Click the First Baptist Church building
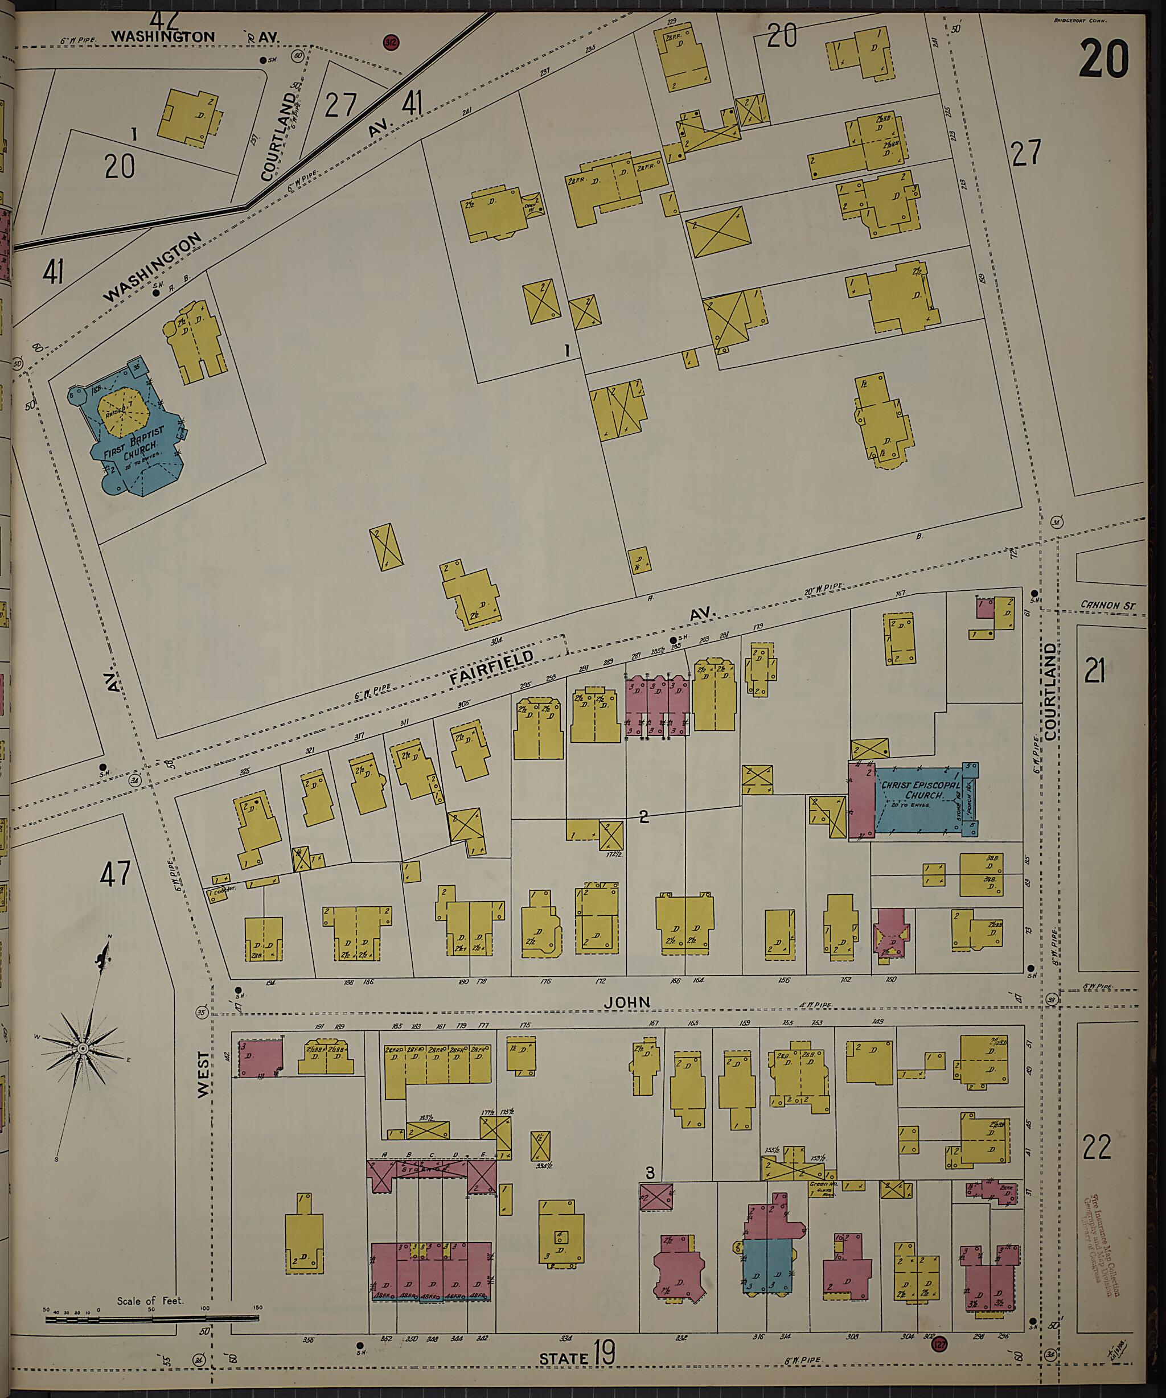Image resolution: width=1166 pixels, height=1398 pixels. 133,433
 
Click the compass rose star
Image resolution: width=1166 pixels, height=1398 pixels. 83,1049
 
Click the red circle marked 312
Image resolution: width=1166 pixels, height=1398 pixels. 392,43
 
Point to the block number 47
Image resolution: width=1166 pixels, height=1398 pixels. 114,874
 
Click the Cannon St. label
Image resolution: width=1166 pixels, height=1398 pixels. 1107,605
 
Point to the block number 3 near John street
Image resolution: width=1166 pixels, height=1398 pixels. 651,1171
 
